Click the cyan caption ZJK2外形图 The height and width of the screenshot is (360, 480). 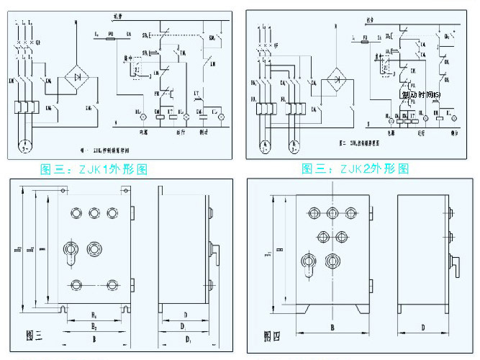(355, 169)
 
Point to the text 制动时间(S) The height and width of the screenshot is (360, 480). (421, 95)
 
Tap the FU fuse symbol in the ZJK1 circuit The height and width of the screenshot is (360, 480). (110, 34)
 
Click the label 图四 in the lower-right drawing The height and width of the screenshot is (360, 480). (272, 336)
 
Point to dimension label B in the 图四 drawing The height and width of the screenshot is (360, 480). (331, 328)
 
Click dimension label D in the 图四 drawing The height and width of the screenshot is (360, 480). (422, 328)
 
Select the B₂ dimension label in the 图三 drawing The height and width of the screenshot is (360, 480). (94, 325)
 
